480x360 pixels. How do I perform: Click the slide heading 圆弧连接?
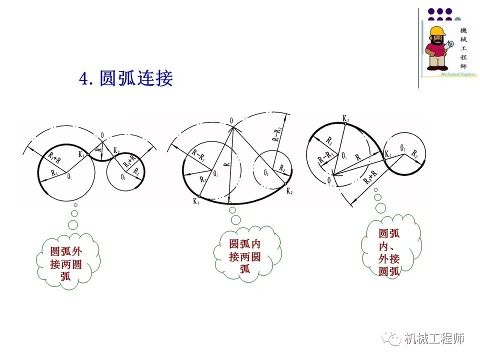(126, 78)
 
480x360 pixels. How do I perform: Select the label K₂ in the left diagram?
(116, 150)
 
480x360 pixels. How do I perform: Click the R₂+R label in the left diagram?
(132, 159)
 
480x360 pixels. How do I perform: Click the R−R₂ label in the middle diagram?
(276, 134)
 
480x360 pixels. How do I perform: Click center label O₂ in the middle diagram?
(265, 173)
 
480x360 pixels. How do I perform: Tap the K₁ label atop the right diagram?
(345, 118)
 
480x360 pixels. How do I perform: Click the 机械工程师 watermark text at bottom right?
(434, 339)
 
